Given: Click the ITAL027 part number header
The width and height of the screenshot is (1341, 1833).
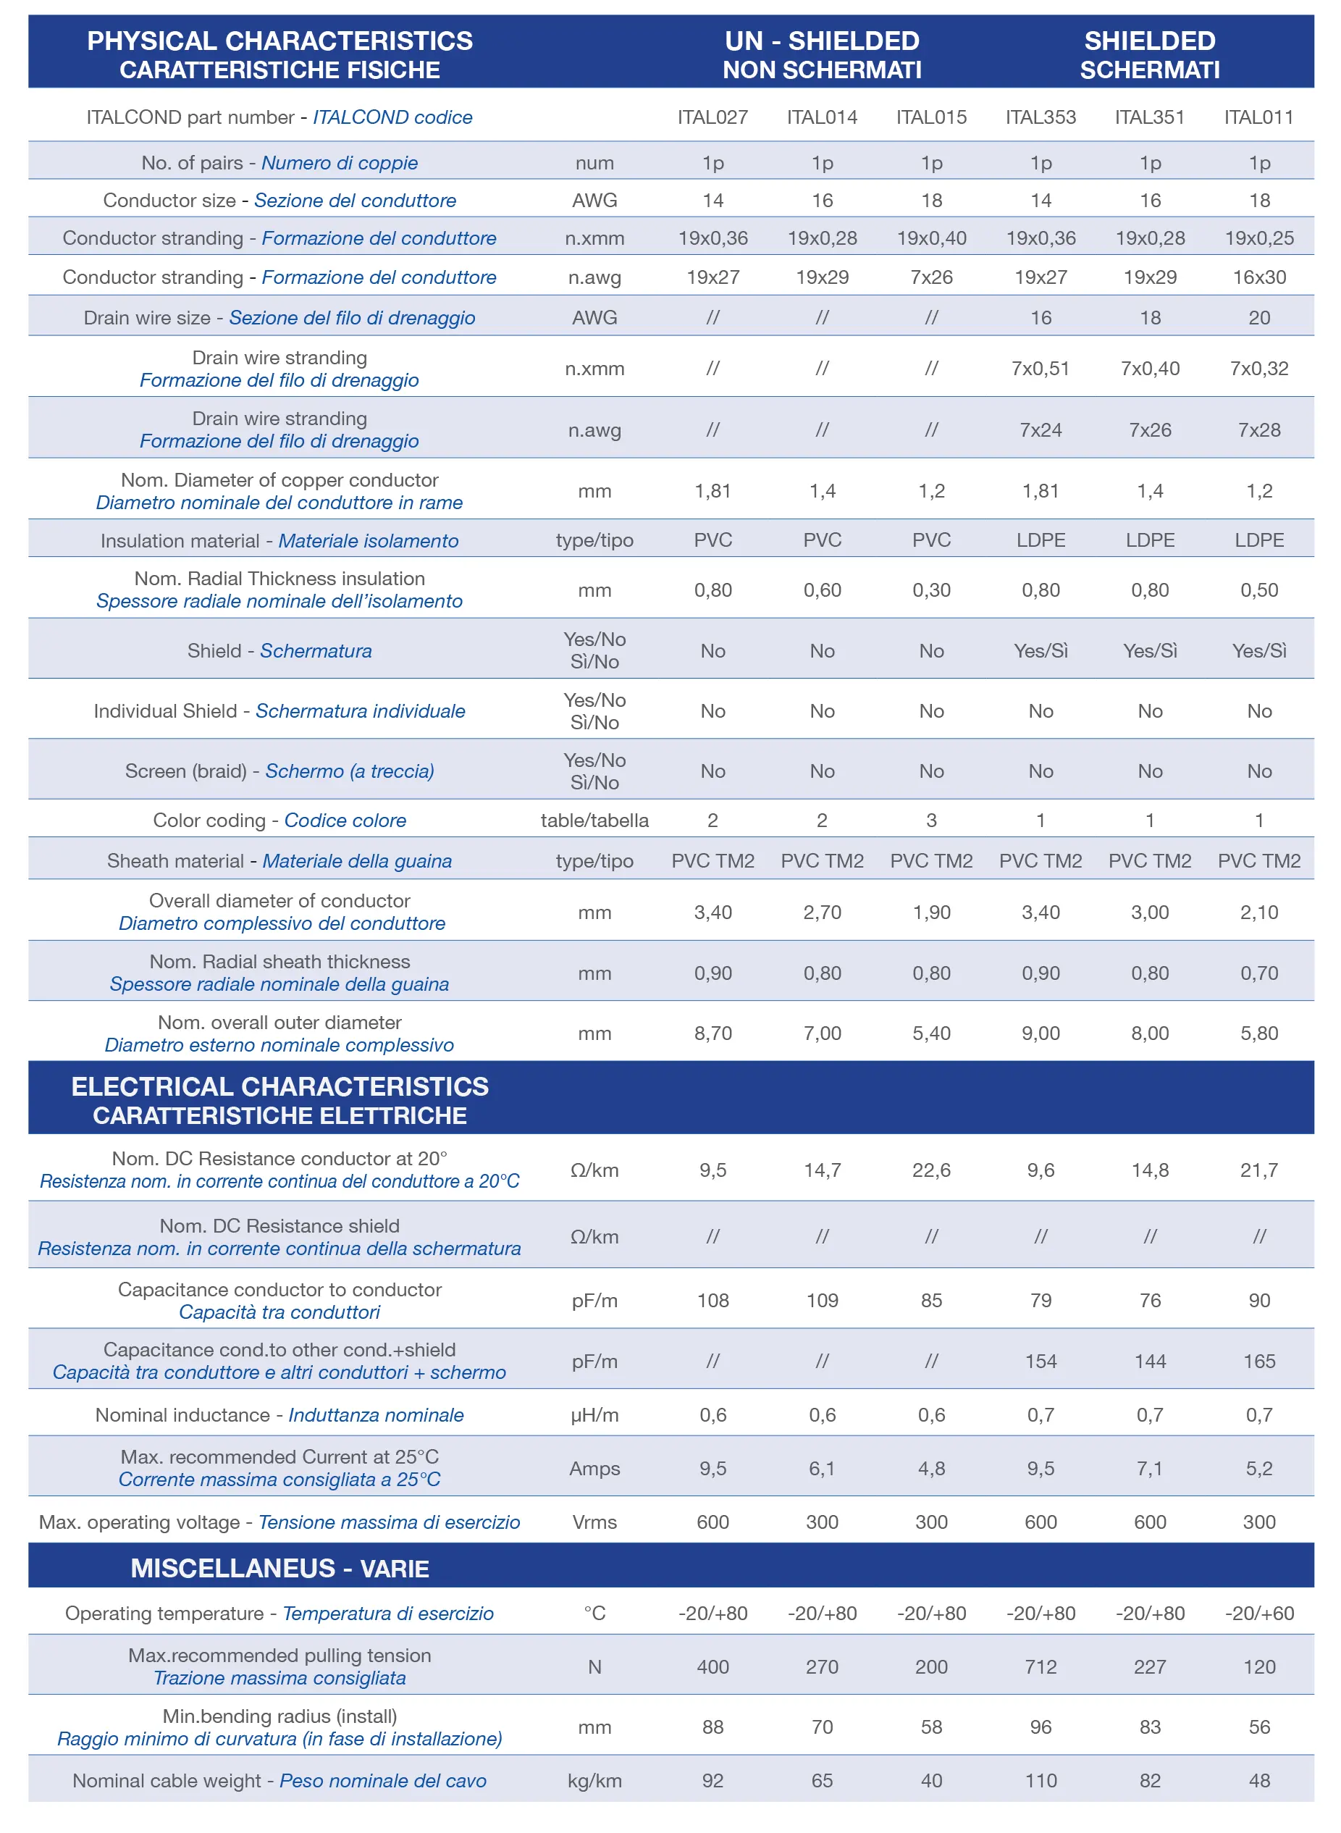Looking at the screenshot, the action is point(712,117).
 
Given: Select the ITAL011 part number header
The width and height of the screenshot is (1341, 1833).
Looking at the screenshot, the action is point(1259,117).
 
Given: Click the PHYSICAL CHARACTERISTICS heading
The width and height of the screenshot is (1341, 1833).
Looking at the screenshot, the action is point(280,41).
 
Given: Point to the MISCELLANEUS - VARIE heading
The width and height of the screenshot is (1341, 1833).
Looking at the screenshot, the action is point(280,1567).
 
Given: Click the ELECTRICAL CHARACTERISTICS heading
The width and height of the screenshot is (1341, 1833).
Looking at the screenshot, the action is point(280,1086).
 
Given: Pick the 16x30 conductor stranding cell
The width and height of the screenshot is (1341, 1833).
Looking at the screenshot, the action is point(1259,277).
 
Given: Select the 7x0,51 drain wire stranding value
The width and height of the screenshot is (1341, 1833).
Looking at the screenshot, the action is point(1041,369).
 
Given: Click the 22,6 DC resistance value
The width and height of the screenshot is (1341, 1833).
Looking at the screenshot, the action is point(931,1170).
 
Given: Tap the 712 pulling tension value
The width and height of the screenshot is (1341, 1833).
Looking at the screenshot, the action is point(1041,1666).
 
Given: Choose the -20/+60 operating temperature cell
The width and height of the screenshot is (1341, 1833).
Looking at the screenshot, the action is point(1259,1613).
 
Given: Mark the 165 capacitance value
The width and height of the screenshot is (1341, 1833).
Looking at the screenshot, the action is point(1259,1361).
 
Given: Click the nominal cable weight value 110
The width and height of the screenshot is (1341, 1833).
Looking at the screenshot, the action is point(1041,1780).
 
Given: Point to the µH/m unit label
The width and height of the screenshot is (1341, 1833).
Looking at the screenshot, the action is point(594,1415).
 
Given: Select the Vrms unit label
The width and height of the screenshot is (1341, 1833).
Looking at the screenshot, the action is point(594,1522).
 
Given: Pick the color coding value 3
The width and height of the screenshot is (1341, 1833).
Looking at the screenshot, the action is point(931,820).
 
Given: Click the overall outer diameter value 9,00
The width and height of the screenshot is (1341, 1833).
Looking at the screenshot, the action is point(1041,1033).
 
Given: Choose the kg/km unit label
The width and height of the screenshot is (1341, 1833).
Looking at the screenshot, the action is point(594,1780).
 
